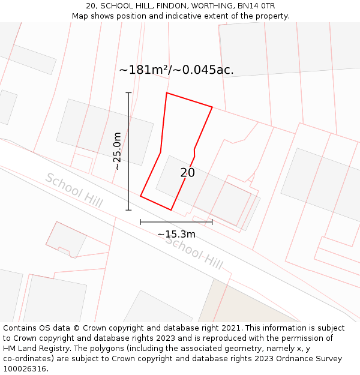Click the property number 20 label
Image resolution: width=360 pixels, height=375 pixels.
click(x=187, y=173)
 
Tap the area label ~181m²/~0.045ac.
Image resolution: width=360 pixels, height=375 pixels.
click(x=176, y=70)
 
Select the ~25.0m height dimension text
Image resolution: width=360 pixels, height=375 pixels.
click(x=118, y=151)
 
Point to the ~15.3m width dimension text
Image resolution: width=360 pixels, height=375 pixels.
click(x=176, y=234)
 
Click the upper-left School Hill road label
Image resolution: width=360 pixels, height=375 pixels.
click(x=74, y=190)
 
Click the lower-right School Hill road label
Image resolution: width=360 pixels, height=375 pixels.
click(x=194, y=251)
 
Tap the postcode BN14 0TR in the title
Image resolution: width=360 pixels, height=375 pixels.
click(x=259, y=6)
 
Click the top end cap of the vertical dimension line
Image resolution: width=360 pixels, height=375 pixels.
click(x=128, y=93)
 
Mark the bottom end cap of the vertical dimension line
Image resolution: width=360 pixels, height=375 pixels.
click(x=128, y=210)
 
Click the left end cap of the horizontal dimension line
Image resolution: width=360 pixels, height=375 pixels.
click(x=140, y=222)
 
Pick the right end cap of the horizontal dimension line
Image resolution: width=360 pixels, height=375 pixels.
click(x=212, y=222)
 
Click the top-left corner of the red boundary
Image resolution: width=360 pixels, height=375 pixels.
click(x=167, y=93)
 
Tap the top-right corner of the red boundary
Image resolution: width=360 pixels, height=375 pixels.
click(x=212, y=107)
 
